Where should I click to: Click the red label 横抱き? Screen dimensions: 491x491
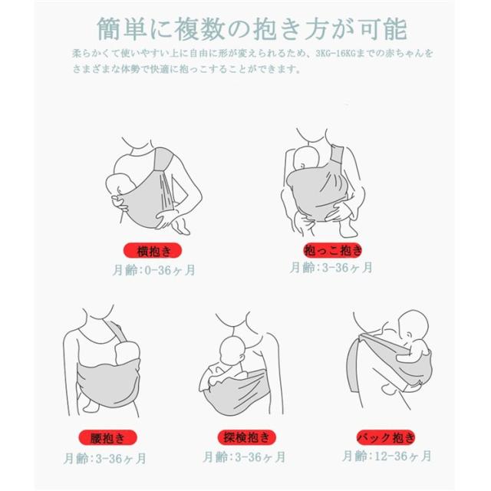pyautogui.click(x=153, y=251)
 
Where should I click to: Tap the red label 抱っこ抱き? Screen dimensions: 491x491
pyautogui.click(x=333, y=251)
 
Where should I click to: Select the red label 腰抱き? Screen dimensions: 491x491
pyautogui.click(x=107, y=437)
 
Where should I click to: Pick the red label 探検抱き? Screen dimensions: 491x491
pyautogui.click(x=247, y=437)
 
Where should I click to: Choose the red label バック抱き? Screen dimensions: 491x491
pyautogui.click(x=386, y=437)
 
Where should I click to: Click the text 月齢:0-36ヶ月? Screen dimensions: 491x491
pyautogui.click(x=153, y=270)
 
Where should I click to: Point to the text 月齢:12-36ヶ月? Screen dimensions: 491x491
pyautogui.click(x=387, y=456)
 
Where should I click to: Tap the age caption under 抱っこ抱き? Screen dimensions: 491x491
pyautogui.click(x=331, y=268)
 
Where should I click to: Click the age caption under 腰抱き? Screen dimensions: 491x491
pyautogui.click(x=105, y=459)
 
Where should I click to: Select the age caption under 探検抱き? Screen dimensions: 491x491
pyautogui.click(x=244, y=457)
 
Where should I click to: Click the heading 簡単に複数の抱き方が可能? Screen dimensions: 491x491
pyautogui.click(x=252, y=29)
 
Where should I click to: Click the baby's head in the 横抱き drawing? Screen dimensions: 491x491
pyautogui.click(x=117, y=185)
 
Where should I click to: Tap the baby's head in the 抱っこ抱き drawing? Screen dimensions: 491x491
pyautogui.click(x=305, y=160)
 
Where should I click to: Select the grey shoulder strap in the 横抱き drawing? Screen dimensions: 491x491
pyautogui.click(x=163, y=159)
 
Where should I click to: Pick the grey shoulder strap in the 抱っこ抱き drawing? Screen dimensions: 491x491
pyautogui.click(x=337, y=157)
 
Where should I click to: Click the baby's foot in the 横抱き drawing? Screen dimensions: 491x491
pyautogui.click(x=183, y=228)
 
